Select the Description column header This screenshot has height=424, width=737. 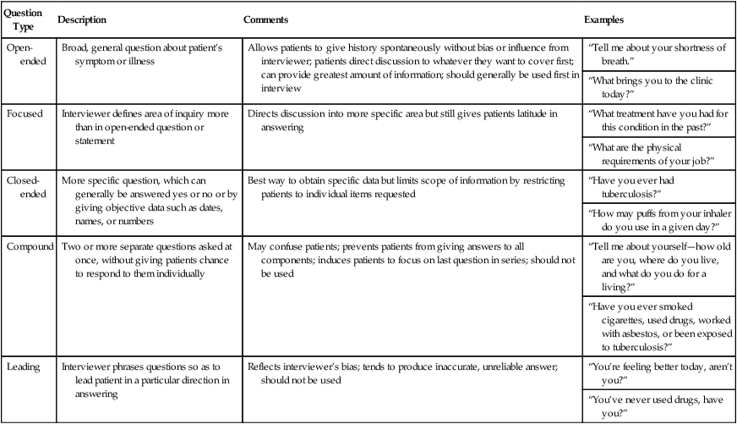[84, 19]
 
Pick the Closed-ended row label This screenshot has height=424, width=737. [28, 188]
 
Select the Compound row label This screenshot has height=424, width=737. [32, 247]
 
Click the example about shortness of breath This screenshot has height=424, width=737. [656, 55]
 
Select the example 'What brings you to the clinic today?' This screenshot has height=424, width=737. [656, 87]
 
